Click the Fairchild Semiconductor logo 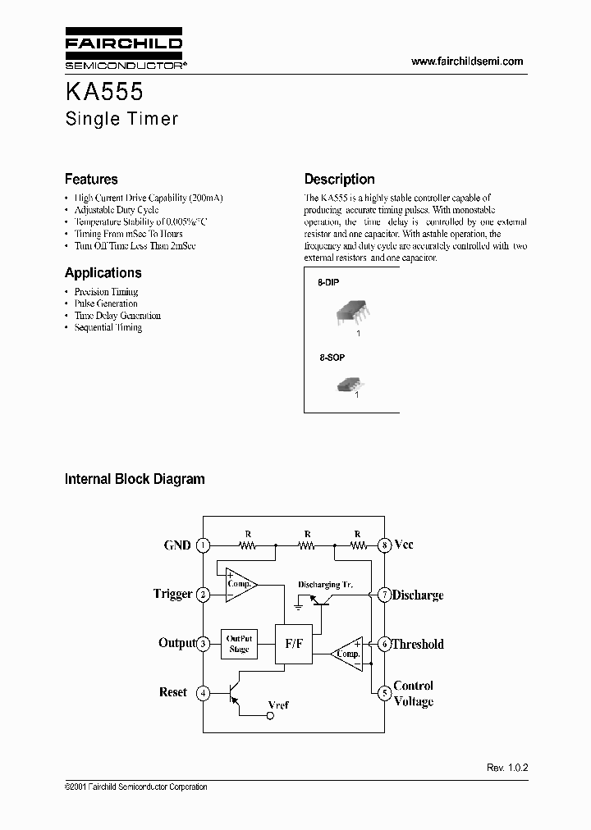124,50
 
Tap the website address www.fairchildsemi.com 466,62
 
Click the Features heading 91,179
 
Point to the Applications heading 103,273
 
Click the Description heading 339,179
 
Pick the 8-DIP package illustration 350,314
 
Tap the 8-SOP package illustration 348,382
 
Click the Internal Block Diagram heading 135,479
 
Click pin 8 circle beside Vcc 383,545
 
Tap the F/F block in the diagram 294,644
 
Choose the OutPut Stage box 239,644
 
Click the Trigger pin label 172,594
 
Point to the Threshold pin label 417,645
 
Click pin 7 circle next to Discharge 383,595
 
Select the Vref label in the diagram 279,705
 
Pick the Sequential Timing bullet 108,327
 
